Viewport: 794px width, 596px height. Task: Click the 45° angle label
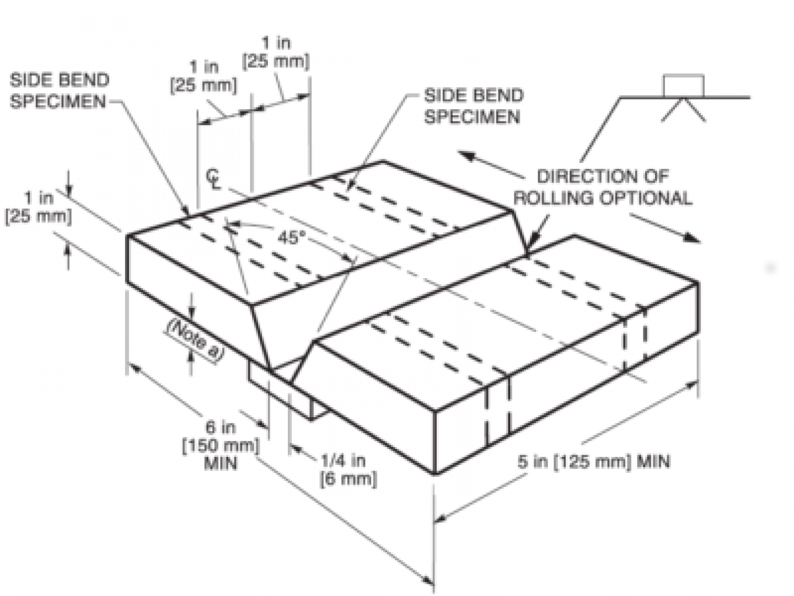291,238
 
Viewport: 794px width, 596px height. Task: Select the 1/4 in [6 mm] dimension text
348,470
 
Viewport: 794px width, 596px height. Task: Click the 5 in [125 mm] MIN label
594,462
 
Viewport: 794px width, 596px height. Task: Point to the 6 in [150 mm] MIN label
221,445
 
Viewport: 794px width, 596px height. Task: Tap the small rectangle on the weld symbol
683,86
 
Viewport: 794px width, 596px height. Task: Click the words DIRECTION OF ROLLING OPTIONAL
603,188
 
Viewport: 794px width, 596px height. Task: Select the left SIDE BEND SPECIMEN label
60,91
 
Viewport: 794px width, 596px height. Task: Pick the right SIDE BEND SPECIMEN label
474,106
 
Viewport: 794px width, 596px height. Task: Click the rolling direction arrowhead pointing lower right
691,237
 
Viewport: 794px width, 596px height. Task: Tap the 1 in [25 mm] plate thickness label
39,207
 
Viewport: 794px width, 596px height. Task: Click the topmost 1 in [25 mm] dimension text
276,52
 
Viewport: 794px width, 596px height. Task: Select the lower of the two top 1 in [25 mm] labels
203,77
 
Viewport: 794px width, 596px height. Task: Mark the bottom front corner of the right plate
434,473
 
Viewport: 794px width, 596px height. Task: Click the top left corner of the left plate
127,236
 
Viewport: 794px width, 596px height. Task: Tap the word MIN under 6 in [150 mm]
221,464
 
